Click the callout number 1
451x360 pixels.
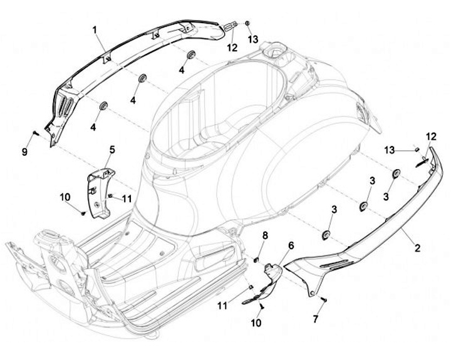pyautogui.click(x=95, y=29)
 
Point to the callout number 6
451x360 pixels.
pyautogui.click(x=291, y=244)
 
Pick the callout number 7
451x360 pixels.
pyautogui.click(x=316, y=319)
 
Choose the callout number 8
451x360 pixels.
pyautogui.click(x=265, y=235)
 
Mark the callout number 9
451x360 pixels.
pyautogui.click(x=25, y=152)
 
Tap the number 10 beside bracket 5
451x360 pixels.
pyautogui.click(x=65, y=197)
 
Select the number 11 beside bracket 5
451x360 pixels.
pyautogui.click(x=127, y=199)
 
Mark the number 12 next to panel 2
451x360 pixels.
pyautogui.click(x=432, y=136)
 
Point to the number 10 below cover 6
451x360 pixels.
pyautogui.click(x=257, y=323)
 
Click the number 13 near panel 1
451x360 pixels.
pyautogui.click(x=252, y=39)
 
